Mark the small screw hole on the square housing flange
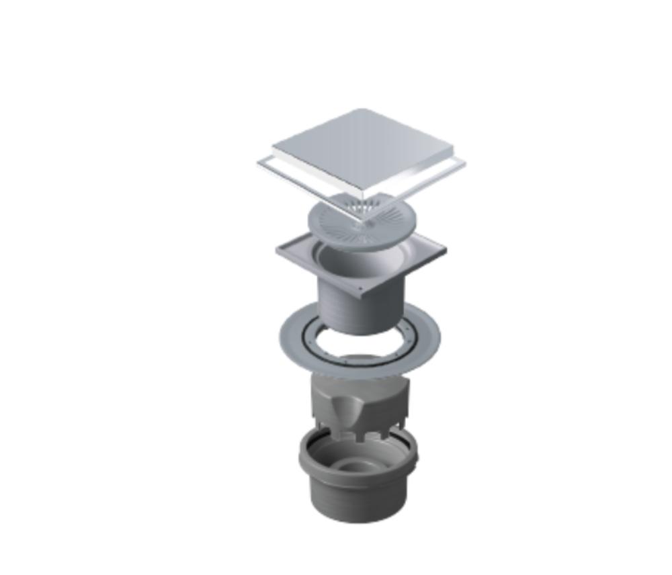coord(361,289)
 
